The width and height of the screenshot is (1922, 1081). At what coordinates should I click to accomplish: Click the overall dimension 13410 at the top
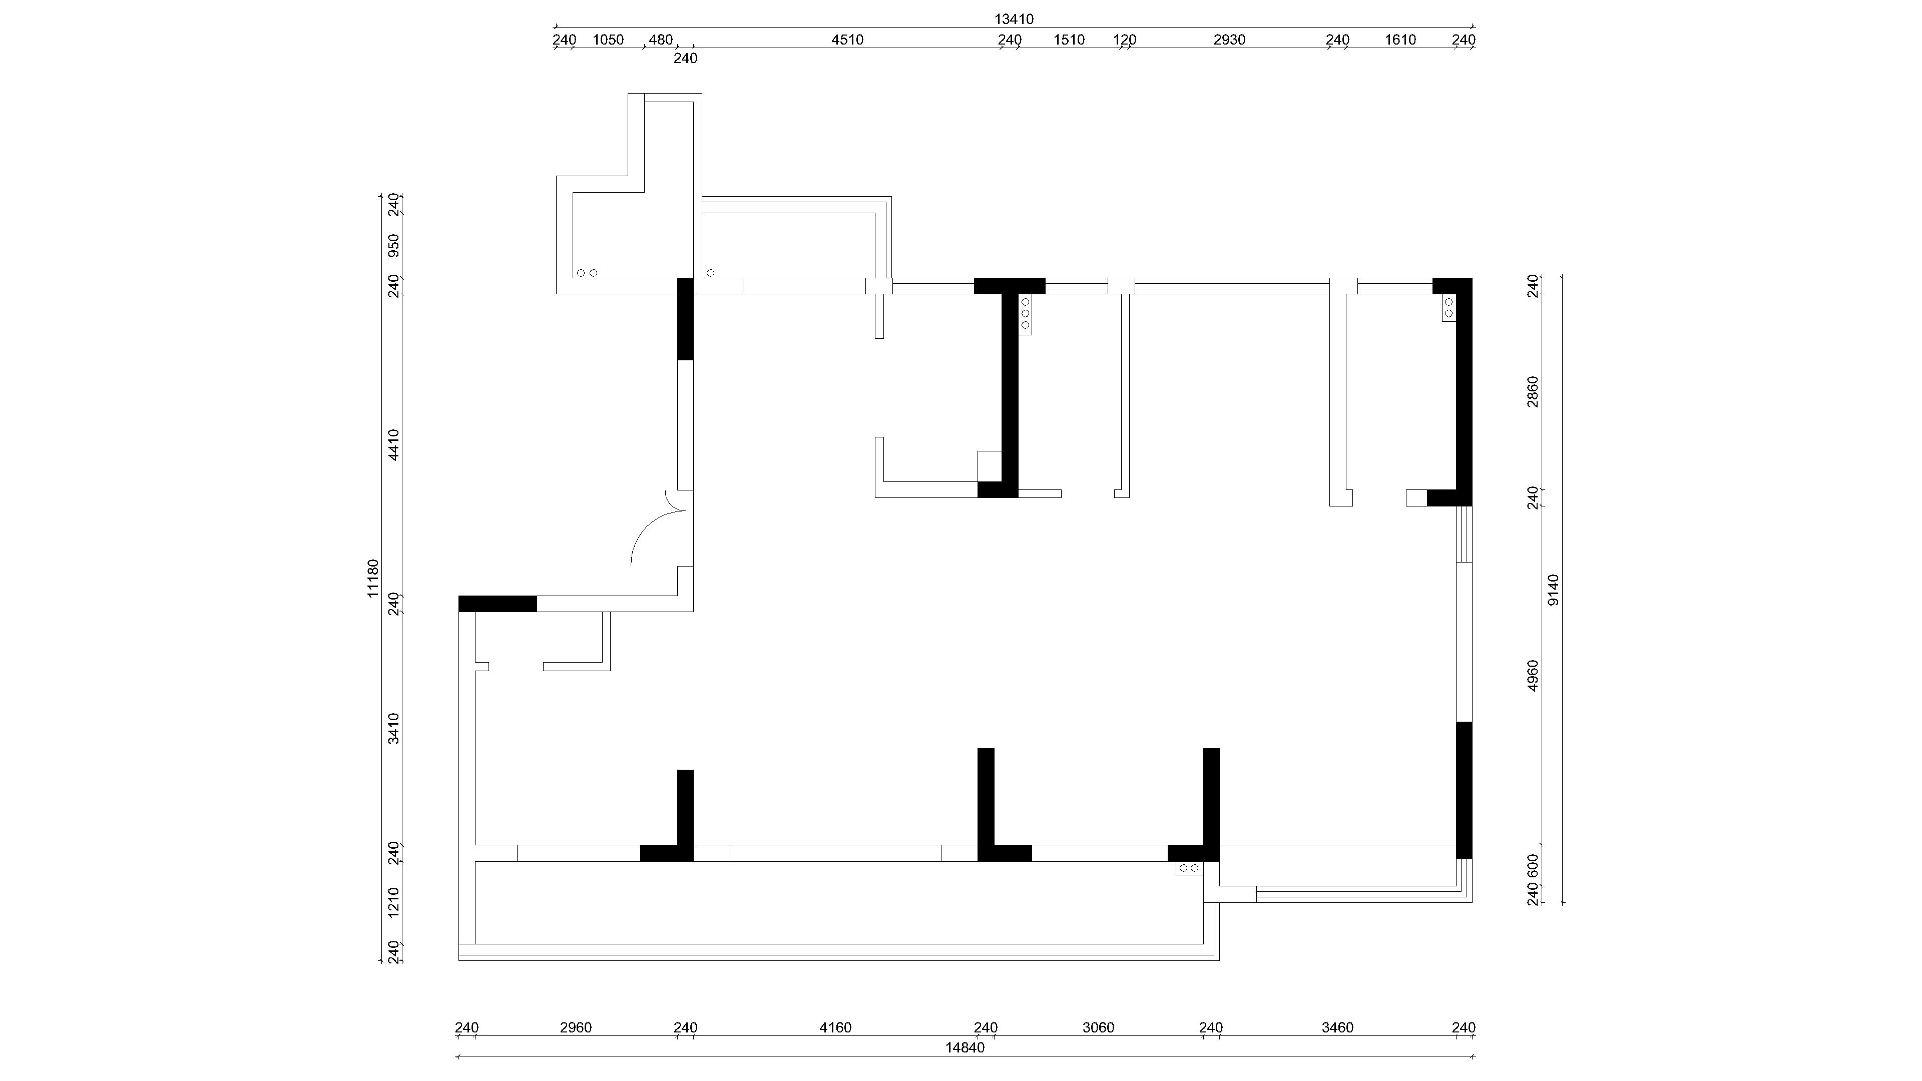(1014, 20)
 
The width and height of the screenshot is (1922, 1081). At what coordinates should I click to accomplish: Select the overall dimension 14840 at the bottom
(965, 1047)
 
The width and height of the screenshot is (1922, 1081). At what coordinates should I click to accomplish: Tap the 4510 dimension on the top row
(847, 40)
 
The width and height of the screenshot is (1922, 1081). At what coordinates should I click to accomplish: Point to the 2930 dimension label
(1229, 40)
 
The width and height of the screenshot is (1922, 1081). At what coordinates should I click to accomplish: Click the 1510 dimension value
(1069, 40)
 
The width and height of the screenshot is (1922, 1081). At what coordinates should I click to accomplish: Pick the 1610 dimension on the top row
(1400, 40)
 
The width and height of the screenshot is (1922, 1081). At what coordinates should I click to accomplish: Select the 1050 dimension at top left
(608, 40)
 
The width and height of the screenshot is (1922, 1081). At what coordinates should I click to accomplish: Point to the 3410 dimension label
(394, 729)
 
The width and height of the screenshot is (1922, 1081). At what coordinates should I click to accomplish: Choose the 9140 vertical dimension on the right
(1554, 590)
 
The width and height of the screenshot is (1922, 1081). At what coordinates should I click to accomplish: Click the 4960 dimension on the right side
(1533, 675)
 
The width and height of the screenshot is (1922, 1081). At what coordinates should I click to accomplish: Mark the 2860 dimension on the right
(1533, 392)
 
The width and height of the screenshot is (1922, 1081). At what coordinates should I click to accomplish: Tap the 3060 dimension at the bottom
(1098, 1028)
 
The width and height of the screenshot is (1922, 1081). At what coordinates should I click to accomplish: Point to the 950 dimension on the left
(394, 245)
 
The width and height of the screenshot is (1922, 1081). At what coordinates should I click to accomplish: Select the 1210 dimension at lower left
(394, 902)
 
